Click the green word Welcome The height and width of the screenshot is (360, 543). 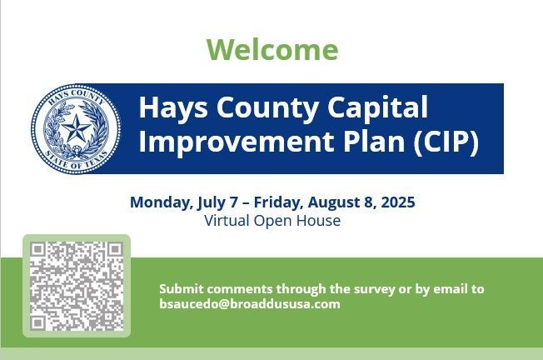[x=272, y=49]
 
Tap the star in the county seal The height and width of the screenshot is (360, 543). [x=76, y=127]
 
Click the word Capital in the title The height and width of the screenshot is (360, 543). [x=377, y=108]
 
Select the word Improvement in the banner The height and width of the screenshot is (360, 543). [x=237, y=142]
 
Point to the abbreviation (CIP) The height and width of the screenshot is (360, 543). [x=446, y=142]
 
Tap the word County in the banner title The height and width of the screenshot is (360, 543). [x=267, y=108]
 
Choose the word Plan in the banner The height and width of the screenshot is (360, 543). [x=374, y=141]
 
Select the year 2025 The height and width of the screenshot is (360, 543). [x=398, y=202]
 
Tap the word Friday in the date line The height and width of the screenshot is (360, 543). [x=278, y=202]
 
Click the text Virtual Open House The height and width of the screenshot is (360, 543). [x=272, y=221]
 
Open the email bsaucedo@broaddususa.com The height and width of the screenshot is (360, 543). [x=250, y=304]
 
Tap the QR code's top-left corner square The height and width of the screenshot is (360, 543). [x=37, y=249]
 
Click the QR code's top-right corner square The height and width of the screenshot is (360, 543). [x=115, y=249]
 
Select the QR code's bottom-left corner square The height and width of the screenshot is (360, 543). [x=37, y=323]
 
